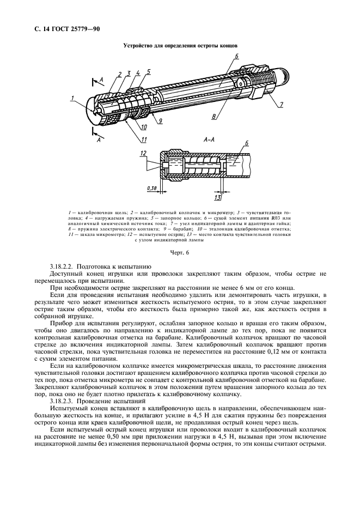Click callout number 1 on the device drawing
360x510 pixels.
coord(71,99)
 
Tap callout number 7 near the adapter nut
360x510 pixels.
coord(282,104)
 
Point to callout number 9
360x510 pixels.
coord(161,121)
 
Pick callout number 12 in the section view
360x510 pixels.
coord(143,154)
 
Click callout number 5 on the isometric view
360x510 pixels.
coord(148,71)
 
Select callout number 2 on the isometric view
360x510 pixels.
coord(119,74)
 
